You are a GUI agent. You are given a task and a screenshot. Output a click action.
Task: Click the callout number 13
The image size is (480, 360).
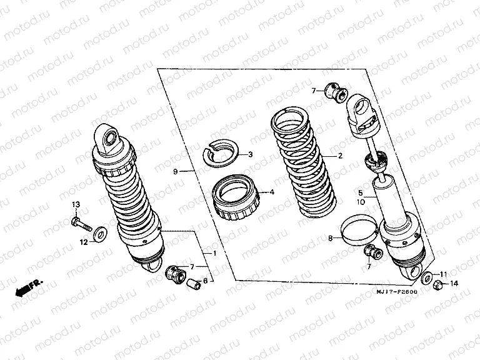[76, 205]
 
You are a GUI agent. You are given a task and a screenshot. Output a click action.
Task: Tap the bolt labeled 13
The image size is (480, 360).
[81, 222]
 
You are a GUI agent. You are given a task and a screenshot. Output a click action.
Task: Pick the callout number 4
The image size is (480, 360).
[272, 192]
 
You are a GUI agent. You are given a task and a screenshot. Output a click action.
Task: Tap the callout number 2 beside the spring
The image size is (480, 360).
[340, 156]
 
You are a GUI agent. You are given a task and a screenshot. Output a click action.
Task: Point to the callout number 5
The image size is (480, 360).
[360, 193]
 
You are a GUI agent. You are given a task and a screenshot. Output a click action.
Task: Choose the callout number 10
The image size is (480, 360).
[360, 202]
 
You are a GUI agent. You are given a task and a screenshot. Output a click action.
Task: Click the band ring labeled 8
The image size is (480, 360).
[361, 228]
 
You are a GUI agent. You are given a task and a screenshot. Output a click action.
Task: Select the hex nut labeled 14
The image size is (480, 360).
[438, 285]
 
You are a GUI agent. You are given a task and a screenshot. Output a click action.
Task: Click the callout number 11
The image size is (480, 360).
[444, 274]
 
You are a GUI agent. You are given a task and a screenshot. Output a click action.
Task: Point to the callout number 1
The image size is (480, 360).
[214, 253]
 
